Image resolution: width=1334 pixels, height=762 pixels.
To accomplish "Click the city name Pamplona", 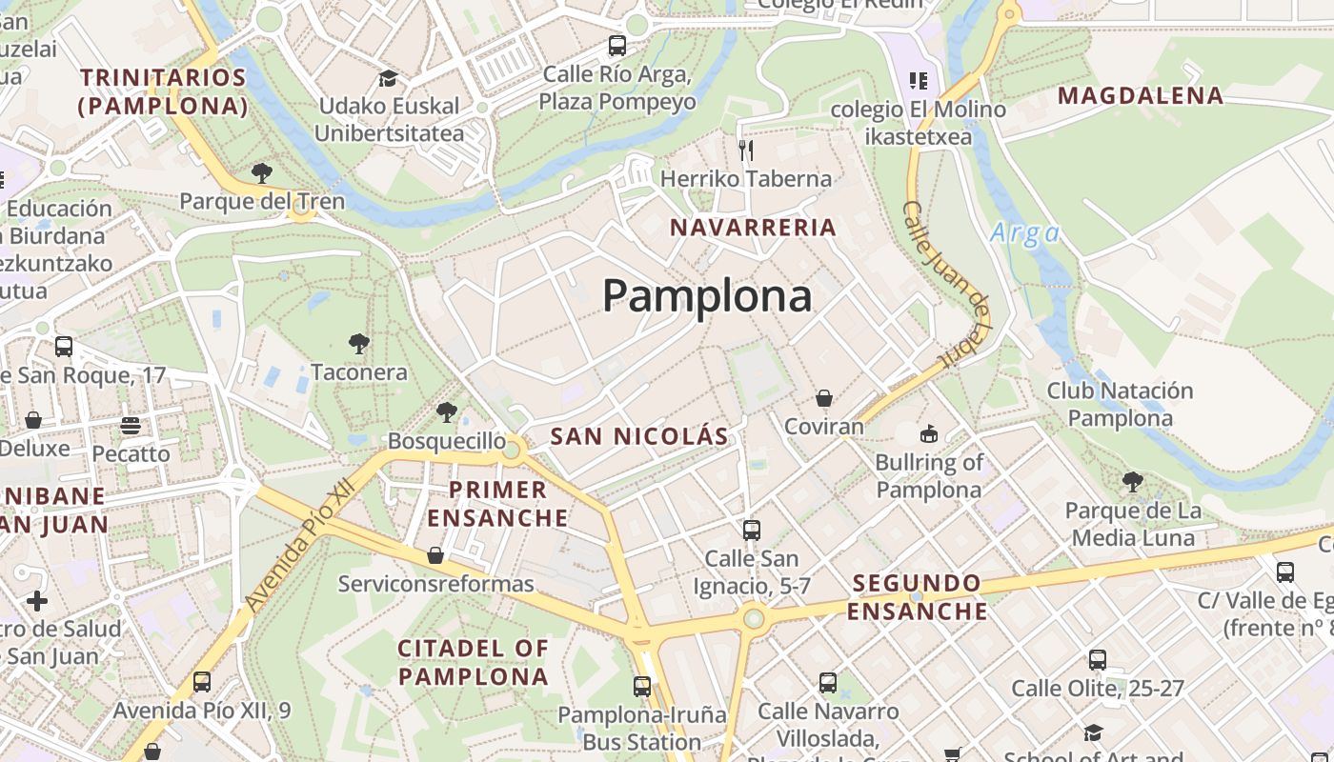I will pyautogui.click(x=707, y=296).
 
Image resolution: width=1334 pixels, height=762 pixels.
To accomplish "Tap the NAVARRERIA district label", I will pyautogui.click(x=753, y=228).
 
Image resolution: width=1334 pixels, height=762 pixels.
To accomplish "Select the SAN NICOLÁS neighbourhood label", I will pyautogui.click(x=639, y=437).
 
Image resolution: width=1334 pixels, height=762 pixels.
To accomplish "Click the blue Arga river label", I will pyautogui.click(x=1024, y=233).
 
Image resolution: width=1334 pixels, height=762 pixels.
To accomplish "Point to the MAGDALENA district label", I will pyautogui.click(x=1141, y=95).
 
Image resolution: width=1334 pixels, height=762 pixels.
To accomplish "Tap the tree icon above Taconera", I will pyautogui.click(x=359, y=343).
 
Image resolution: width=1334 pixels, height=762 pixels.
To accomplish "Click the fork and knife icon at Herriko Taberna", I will pyautogui.click(x=746, y=150).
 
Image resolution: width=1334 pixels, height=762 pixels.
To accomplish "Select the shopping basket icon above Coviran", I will pyautogui.click(x=824, y=398).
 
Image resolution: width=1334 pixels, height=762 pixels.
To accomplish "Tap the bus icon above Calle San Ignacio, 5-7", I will pyautogui.click(x=752, y=530).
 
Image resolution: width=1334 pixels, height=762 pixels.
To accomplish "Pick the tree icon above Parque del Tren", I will pyautogui.click(x=262, y=173).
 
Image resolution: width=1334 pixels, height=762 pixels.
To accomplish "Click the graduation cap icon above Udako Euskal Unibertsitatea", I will pyautogui.click(x=388, y=78).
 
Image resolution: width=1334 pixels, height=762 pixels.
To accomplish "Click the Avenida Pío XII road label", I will pyautogui.click(x=299, y=545).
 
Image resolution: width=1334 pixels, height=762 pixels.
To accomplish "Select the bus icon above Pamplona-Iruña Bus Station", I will pyautogui.click(x=642, y=686).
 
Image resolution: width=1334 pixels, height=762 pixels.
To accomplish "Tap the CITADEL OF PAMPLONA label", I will pyautogui.click(x=474, y=662).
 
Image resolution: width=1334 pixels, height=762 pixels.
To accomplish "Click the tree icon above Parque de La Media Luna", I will pyautogui.click(x=1133, y=482).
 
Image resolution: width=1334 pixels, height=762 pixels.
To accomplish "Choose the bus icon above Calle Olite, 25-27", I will pyautogui.click(x=1098, y=659).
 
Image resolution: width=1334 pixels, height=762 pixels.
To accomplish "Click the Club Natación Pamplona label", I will pyautogui.click(x=1120, y=404).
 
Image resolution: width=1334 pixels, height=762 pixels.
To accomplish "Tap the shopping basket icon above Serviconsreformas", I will pyautogui.click(x=435, y=554).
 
